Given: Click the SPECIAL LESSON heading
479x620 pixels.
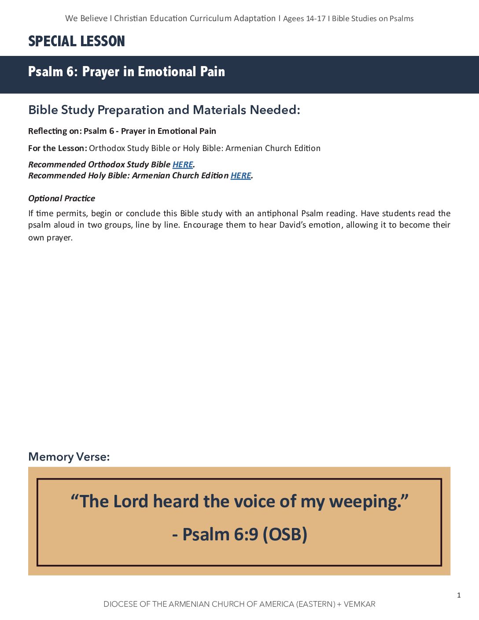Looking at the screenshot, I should point(77,41).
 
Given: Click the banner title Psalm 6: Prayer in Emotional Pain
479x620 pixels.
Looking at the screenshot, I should point(126,71).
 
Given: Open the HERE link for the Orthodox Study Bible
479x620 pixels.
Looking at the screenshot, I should point(183,165).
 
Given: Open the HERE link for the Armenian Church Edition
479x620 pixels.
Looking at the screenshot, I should point(241,176).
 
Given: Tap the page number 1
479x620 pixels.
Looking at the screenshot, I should point(459,595).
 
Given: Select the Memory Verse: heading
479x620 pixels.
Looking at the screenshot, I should point(69,457).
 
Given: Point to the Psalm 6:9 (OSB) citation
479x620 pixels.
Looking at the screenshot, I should point(239,534).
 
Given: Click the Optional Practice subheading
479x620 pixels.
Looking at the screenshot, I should point(62,199).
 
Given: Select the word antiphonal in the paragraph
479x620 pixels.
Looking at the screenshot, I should point(277,214).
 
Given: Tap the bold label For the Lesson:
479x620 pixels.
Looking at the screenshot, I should point(58,148).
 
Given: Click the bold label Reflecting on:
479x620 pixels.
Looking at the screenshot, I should point(55,131).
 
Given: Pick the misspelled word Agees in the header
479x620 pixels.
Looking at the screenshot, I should point(293,18).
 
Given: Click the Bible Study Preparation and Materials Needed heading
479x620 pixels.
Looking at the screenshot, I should point(164,110).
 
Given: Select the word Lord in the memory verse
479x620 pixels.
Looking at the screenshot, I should point(131,502).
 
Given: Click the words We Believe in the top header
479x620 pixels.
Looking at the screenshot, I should point(86,18).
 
